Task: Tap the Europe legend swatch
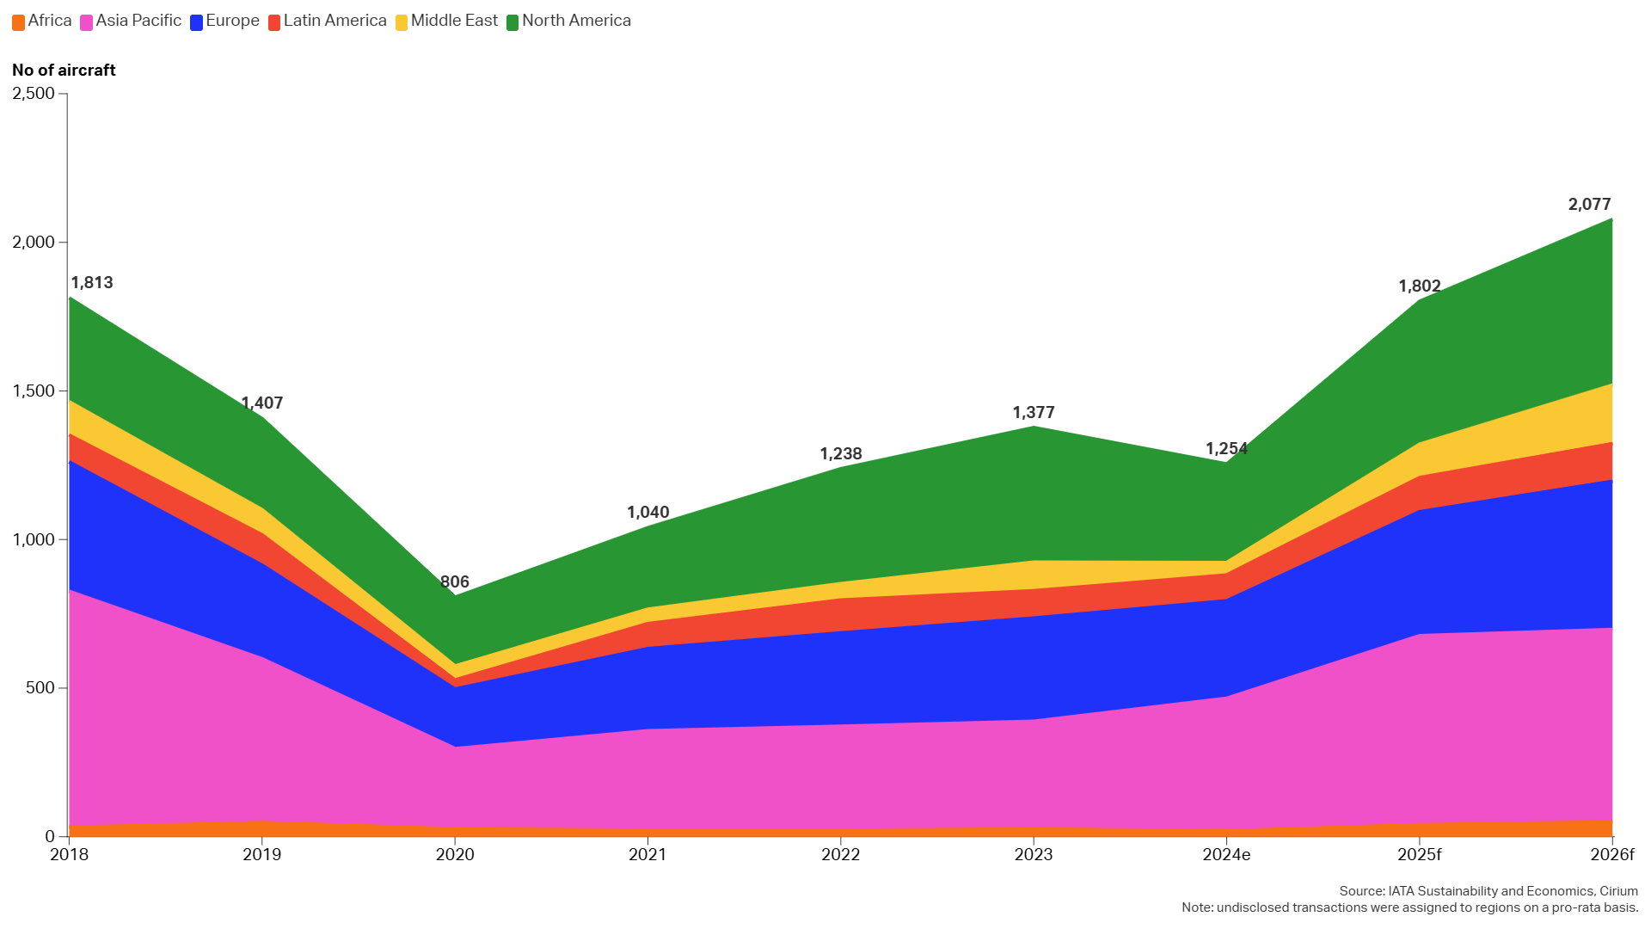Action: (197, 22)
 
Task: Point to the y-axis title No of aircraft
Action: (64, 71)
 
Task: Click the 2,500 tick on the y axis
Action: (34, 94)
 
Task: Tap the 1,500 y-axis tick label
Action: (34, 391)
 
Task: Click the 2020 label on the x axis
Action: (455, 855)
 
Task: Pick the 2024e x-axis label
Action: (1226, 855)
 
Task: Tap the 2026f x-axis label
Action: (1611, 855)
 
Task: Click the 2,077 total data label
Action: (1589, 205)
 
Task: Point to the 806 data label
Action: (455, 582)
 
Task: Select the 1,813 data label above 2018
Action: (92, 283)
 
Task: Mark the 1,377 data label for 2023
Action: (1034, 413)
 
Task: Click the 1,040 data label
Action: (648, 513)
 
